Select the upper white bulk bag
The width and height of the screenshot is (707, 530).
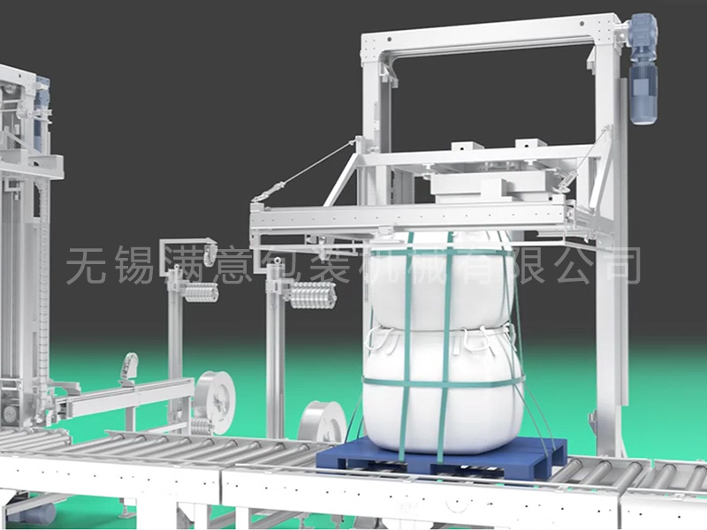click(445, 279)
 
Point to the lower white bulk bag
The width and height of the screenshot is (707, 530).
click(444, 388)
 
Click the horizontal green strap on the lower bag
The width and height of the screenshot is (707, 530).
click(444, 383)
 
